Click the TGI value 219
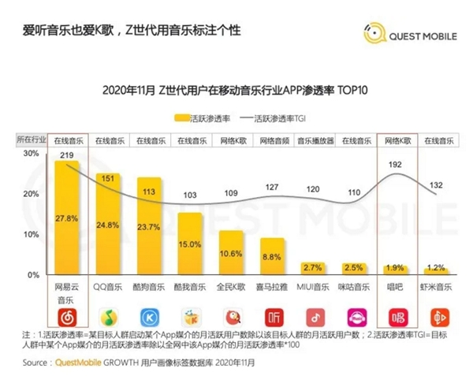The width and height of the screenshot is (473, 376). (66, 157)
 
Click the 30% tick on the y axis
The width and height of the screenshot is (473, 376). (29, 154)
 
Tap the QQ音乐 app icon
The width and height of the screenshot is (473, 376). (108, 318)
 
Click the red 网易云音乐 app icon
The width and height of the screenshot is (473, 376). (67, 318)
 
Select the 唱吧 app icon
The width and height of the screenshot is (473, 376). (395, 318)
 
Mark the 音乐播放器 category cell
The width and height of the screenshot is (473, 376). (313, 140)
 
